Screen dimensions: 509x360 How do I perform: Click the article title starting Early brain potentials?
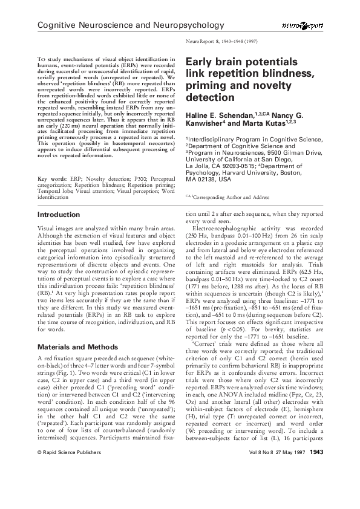coord(249,79)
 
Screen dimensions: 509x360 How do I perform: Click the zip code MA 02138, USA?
coord(209,180)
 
